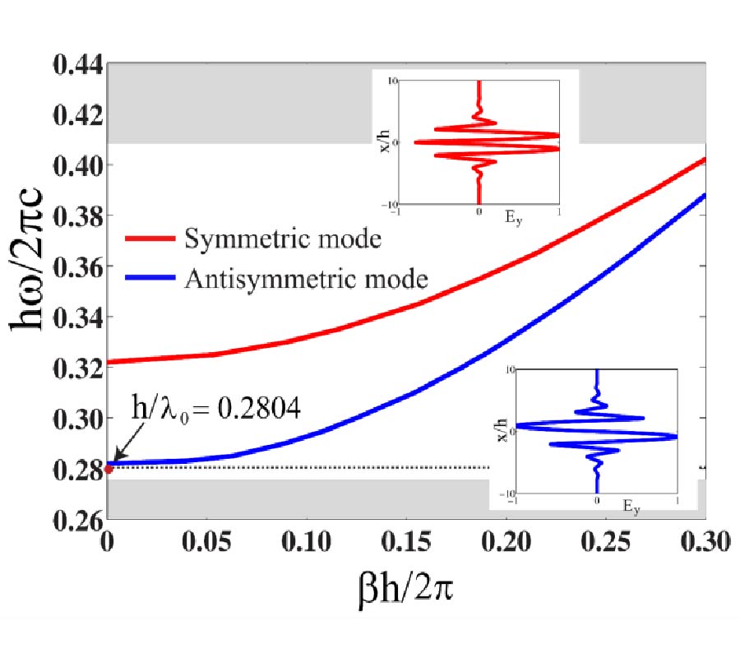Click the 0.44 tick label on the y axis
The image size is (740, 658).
[x=75, y=64]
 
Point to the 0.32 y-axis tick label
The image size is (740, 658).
[x=75, y=368]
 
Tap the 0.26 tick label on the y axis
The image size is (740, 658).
[x=75, y=520]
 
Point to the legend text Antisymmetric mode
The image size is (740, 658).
[x=306, y=280]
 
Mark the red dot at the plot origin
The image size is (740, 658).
[x=108, y=470]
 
